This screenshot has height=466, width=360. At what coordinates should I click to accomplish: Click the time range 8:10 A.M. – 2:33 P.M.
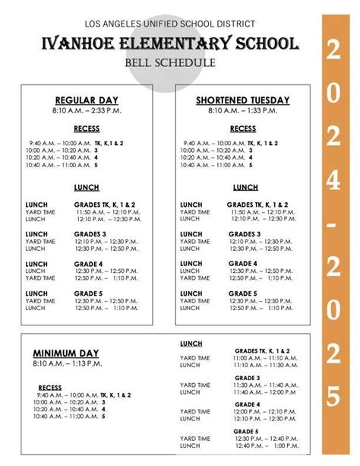point(87,111)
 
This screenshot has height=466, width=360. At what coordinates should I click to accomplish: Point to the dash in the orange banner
point(333,227)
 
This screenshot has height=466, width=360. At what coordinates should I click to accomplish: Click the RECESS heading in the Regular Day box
point(87,129)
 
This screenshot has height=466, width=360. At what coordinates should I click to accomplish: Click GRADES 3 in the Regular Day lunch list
point(90,234)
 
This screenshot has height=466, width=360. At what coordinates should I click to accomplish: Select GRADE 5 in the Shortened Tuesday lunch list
point(242,293)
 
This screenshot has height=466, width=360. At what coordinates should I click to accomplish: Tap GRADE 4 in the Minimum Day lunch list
point(247,404)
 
